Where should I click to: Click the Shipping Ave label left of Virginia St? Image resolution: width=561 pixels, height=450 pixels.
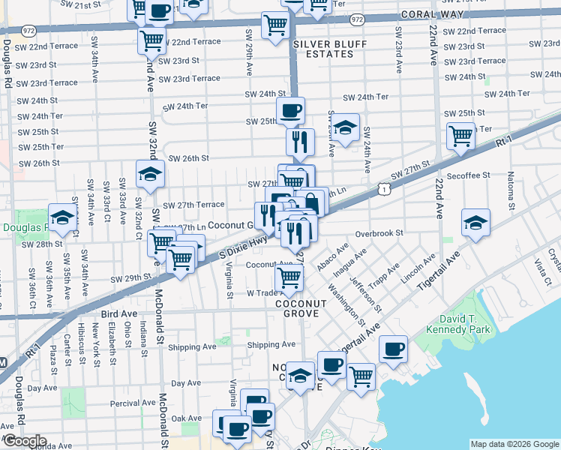(192, 346)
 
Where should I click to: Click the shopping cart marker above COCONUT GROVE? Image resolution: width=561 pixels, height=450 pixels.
(290, 277)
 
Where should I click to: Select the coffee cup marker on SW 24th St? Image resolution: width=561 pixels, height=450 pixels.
(290, 111)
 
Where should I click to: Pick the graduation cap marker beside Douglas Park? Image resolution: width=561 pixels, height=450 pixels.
(62, 218)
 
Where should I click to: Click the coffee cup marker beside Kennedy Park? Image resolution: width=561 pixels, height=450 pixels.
(393, 348)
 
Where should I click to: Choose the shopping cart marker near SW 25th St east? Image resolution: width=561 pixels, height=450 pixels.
(460, 136)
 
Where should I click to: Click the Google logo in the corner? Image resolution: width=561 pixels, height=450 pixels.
(24, 441)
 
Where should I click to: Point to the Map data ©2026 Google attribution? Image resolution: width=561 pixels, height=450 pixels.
(514, 444)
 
